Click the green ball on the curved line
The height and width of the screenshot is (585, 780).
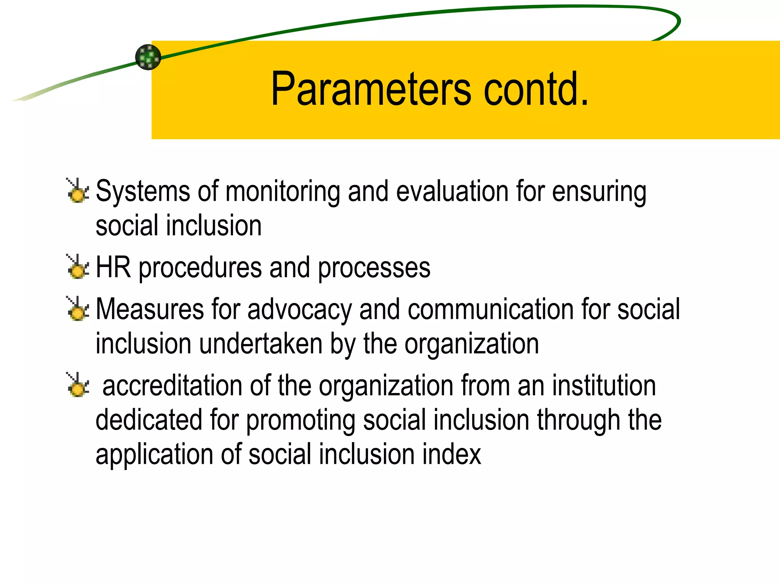pos(148,57)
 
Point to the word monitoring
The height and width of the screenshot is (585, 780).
pos(283,192)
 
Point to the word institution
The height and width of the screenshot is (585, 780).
pos(604,386)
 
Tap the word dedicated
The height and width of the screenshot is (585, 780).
pos(149,420)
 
